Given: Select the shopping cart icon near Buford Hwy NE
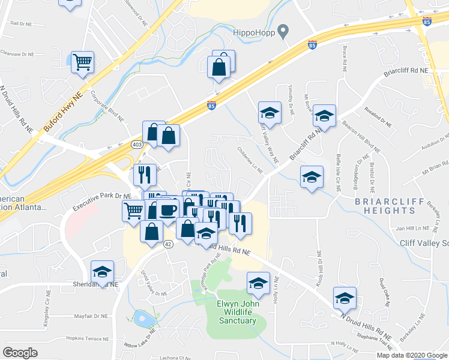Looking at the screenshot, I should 82,61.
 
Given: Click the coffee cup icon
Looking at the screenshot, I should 169,209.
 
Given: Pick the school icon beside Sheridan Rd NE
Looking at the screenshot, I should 102,272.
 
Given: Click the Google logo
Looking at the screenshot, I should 20,353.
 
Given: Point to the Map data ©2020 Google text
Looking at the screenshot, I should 411,355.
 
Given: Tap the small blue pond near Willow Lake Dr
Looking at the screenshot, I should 144,318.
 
